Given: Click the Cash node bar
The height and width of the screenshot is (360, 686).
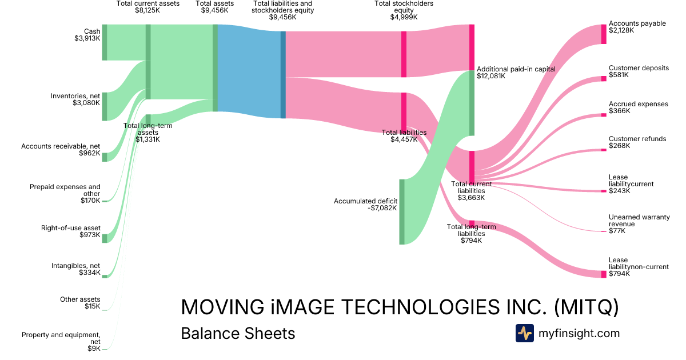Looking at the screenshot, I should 105,42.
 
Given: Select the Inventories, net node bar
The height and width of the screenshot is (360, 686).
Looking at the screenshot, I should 105,106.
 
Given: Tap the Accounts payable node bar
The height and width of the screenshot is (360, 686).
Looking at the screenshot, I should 603,34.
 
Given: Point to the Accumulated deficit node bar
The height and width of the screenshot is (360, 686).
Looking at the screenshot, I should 402,211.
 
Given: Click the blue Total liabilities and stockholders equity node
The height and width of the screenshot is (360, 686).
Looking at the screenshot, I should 283,75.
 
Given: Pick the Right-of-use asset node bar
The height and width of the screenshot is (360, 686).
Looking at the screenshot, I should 105,238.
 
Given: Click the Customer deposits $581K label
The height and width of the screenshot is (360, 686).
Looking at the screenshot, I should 639,71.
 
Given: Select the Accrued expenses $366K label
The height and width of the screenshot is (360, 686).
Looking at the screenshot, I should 638,107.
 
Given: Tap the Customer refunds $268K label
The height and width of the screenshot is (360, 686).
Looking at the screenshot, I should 637,142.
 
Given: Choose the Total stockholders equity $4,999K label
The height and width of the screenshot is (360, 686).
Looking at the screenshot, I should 404,10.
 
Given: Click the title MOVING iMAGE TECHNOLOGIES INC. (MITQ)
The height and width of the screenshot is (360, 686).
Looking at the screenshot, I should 400,307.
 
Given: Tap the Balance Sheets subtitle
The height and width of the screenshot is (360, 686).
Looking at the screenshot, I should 238,333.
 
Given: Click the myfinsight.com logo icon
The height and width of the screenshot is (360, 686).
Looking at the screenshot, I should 524,333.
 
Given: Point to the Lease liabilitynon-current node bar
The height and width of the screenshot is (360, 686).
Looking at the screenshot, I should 603,274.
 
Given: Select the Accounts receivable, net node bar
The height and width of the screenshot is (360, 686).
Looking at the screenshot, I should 105,157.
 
